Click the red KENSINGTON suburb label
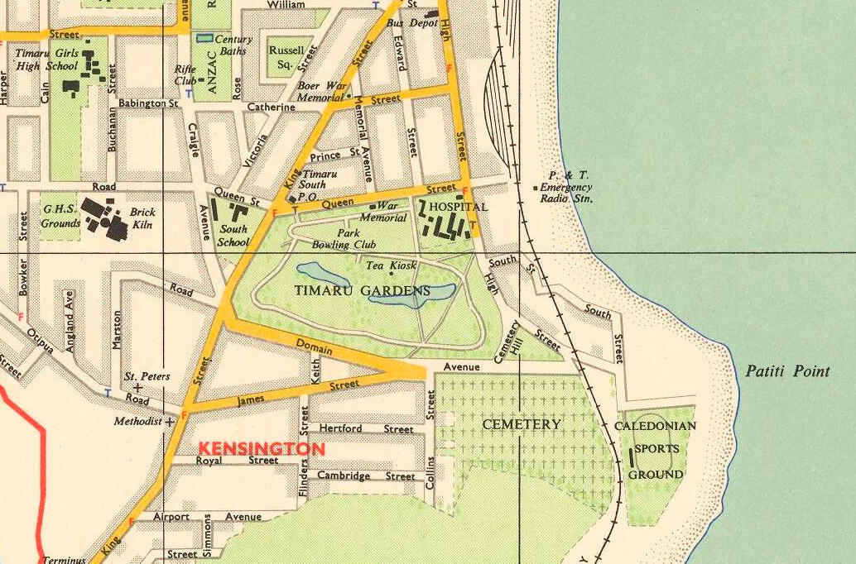261,448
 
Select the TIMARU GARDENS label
363,291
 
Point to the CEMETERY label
522,424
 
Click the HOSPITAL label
459,207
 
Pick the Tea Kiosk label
391,265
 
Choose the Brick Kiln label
142,217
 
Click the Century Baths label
233,45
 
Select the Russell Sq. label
286,55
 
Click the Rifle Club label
185,75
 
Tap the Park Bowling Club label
344,239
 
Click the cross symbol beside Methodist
171,421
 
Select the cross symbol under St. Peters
137,387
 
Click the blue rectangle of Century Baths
204,38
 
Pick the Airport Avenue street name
207,517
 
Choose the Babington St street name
149,104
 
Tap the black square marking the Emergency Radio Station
535,188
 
